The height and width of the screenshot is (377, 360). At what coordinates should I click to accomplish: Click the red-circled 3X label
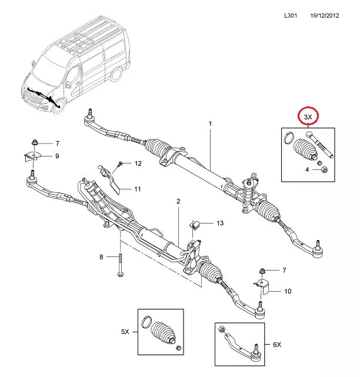(x=308, y=117)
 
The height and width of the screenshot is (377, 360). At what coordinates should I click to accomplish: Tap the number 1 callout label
(x=209, y=124)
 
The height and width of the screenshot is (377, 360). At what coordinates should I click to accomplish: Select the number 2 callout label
(x=178, y=202)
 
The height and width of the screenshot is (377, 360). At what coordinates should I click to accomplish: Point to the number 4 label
(x=306, y=170)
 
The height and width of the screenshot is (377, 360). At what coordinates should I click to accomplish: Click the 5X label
(x=125, y=332)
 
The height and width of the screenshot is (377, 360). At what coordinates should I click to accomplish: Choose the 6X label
(x=277, y=343)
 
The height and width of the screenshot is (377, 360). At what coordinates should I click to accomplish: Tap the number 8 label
(x=101, y=256)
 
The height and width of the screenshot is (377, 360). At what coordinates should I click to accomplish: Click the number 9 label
(x=57, y=156)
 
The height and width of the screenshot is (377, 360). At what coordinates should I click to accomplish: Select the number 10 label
(x=288, y=291)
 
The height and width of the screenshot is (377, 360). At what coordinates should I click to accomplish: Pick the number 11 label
(x=137, y=189)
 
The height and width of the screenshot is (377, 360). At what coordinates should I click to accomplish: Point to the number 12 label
(x=138, y=163)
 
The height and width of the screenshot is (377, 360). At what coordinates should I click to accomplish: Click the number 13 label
(x=219, y=223)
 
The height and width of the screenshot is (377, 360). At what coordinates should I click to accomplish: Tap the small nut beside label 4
(x=324, y=170)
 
